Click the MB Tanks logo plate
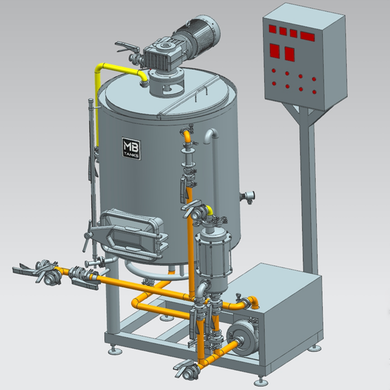131,149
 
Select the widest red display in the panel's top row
307,37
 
